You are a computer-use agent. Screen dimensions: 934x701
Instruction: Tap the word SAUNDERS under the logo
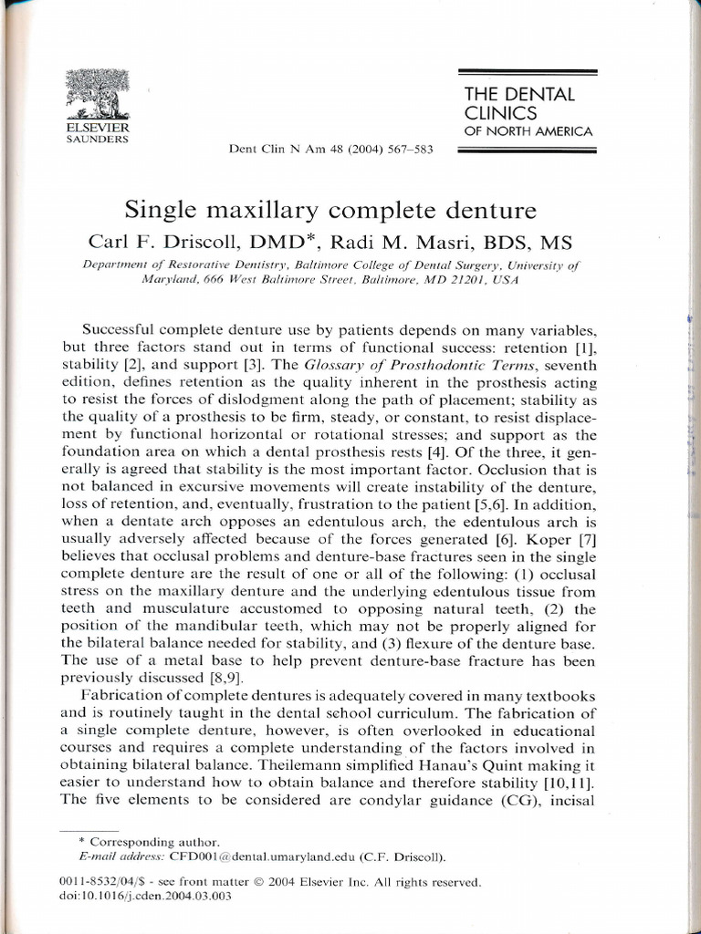pos(96,140)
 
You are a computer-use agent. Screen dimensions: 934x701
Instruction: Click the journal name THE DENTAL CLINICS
pos(519,103)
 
